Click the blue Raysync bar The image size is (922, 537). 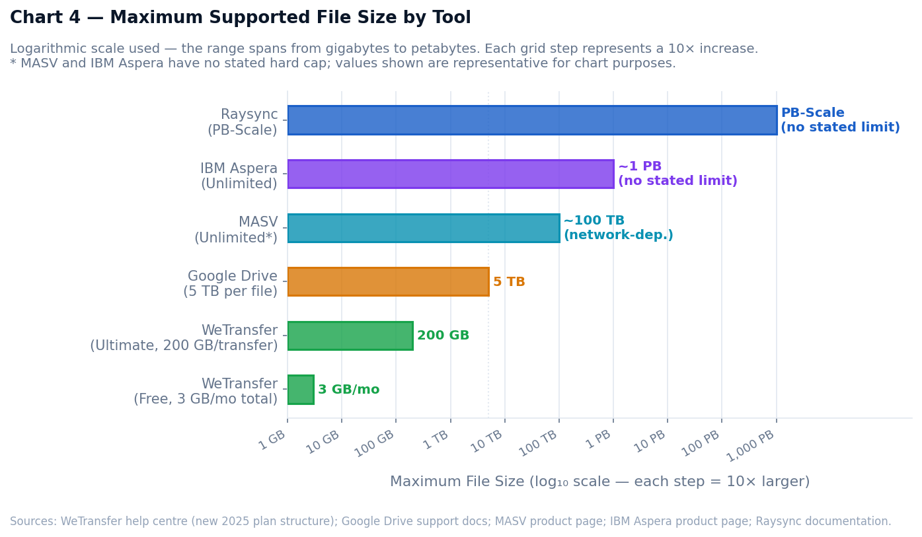[531, 120]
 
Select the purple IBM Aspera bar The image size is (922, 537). [450, 174]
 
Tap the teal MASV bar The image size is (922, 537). [423, 228]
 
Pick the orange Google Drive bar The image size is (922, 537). [388, 281]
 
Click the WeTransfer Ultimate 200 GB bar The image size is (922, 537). [350, 336]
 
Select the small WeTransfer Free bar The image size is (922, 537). [301, 390]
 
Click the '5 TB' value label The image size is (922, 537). [509, 282]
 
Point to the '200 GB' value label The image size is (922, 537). [443, 336]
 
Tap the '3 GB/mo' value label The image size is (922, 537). [348, 390]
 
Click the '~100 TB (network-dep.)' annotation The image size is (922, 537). [618, 228]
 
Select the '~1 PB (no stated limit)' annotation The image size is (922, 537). [677, 174]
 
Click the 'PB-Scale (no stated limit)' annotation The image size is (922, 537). [840, 120]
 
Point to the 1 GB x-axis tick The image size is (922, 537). [288, 419]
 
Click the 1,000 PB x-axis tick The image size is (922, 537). [776, 419]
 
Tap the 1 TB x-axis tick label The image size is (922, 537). [437, 439]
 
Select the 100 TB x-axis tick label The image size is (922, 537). [539, 443]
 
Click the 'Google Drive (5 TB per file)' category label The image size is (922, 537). [231, 284]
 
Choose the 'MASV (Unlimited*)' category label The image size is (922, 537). [237, 230]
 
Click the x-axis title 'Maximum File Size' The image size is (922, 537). [599, 482]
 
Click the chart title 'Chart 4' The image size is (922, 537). [240, 18]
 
